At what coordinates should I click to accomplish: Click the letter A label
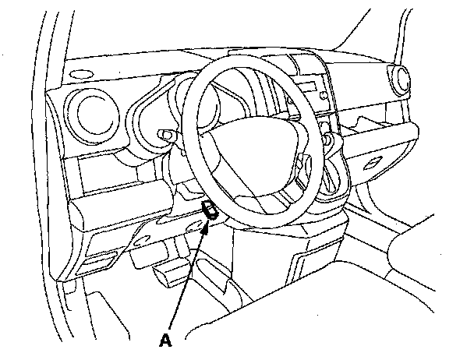(164, 340)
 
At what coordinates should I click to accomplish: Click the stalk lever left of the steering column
(167, 133)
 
